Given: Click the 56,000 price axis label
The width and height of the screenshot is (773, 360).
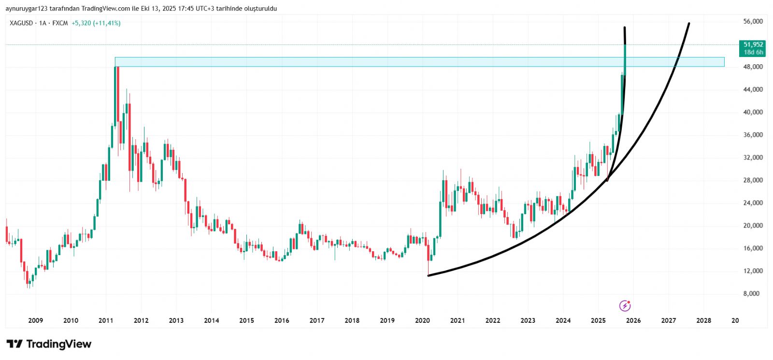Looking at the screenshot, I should coord(753,21).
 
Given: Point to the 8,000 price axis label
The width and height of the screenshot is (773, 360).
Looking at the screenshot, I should coord(751,294).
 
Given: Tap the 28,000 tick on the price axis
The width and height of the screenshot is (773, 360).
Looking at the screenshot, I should coord(753,180).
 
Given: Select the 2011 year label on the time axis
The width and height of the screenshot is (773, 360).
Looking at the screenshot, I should coord(106,320).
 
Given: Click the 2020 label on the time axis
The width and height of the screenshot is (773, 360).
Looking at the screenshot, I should coord(422,320).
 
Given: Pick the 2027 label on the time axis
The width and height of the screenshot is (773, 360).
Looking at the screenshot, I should coord(668,320).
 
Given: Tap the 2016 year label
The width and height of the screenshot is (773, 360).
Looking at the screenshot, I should coord(282,320).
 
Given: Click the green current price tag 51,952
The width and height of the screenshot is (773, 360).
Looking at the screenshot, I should coord(753,44).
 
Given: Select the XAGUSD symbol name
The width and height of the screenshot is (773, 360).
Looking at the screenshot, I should coord(21,23).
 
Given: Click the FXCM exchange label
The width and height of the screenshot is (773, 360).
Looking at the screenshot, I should coord(60,23).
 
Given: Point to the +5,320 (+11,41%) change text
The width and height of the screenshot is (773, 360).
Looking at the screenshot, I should coord(96,23).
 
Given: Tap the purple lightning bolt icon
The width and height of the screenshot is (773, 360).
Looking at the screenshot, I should coord(625,305).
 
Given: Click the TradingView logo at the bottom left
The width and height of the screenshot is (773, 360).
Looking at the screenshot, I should coord(49,344).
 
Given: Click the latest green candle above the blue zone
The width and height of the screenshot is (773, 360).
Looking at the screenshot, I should coord(625,58).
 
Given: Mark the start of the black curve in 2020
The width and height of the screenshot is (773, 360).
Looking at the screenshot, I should coord(429,275).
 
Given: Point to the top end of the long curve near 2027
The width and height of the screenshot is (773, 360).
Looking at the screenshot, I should coord(688,23).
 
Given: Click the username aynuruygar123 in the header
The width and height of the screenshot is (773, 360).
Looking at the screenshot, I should coord(26,9).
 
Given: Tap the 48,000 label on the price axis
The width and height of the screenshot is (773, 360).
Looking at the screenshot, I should coord(753,67).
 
